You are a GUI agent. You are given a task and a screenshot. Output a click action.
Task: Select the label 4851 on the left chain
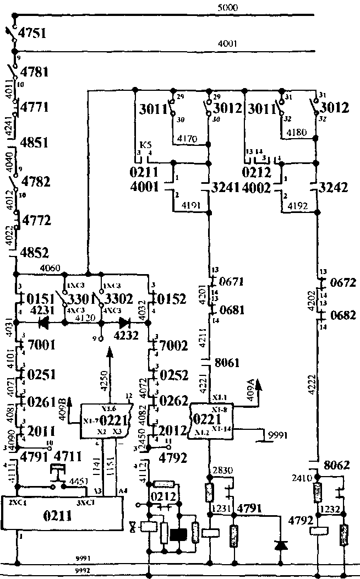tap(34, 143)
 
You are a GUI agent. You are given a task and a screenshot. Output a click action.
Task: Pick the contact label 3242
tap(333, 187)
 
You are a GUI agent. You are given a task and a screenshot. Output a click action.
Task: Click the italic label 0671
tap(231, 282)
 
